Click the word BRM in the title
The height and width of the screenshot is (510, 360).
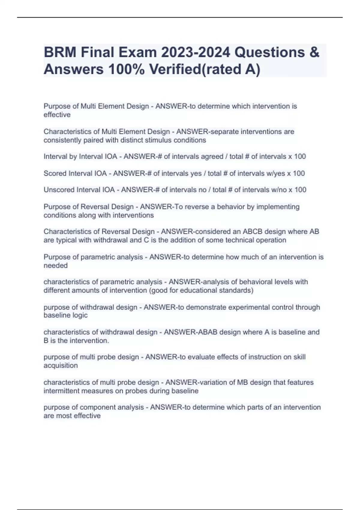tap(60, 52)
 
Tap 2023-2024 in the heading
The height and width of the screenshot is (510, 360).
tap(196, 52)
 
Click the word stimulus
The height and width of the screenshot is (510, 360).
tap(160, 140)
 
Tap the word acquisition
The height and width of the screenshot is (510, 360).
tap(61, 365)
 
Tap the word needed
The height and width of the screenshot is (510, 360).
tap(55, 265)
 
